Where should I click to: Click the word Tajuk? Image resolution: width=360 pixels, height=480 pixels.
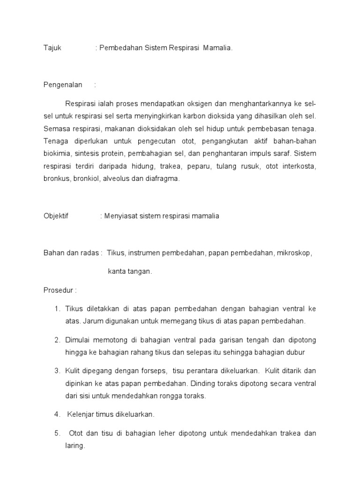pos(52,48)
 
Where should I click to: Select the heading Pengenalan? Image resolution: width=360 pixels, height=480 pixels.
pos(63,85)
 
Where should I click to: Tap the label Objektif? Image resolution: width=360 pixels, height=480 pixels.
pos(56,216)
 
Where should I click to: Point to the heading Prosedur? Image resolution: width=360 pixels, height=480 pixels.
pos(59,290)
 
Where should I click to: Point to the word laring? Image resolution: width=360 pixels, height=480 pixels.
pos(74,446)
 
